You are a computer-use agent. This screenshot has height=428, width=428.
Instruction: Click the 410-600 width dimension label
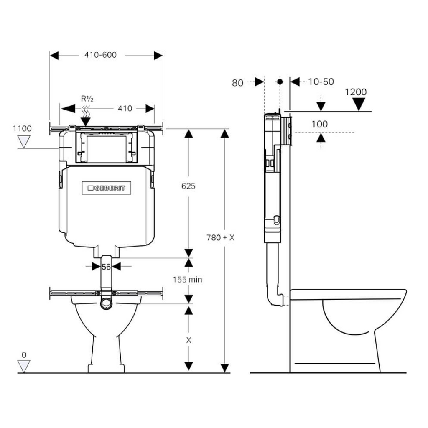(x=100, y=55)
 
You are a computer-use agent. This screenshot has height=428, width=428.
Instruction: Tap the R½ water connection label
(x=87, y=99)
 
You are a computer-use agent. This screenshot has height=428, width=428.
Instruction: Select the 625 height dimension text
(x=189, y=186)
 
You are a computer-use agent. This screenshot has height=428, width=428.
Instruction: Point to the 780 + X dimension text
(x=221, y=237)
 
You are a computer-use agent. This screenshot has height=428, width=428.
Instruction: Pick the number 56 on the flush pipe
(x=106, y=267)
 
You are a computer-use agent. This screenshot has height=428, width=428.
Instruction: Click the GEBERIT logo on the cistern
(x=107, y=188)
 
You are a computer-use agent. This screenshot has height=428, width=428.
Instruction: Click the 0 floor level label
(x=24, y=355)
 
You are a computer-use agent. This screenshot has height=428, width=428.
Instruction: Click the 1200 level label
(x=355, y=92)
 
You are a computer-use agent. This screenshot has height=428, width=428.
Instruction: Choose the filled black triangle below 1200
(x=359, y=104)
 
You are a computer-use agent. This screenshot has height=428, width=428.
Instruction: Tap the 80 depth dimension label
(x=238, y=83)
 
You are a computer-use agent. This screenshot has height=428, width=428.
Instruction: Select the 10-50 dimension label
(x=321, y=82)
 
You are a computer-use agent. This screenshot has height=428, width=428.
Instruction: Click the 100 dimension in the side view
(x=320, y=124)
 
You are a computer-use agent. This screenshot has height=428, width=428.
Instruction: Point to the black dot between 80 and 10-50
(x=280, y=82)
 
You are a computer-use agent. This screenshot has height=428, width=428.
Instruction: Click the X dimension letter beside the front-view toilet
(x=189, y=340)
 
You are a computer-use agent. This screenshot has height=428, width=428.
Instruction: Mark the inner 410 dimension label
(x=125, y=109)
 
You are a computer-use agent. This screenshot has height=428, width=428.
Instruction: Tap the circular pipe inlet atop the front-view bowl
(x=106, y=303)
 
